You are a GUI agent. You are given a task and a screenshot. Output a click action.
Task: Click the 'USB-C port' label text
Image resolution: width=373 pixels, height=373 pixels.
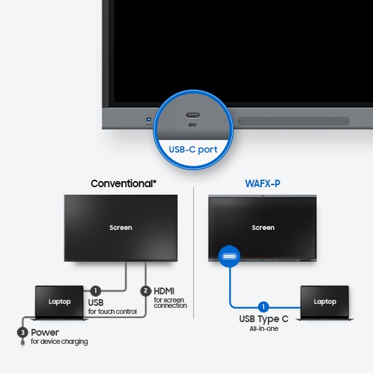point(193,150)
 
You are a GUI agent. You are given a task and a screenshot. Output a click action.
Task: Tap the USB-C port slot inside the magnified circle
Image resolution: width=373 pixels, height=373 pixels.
point(193,115)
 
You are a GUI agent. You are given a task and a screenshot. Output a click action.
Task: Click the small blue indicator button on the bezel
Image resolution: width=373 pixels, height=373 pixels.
point(149,119)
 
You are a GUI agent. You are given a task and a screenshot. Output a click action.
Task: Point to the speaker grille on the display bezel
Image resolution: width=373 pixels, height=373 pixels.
point(294,121)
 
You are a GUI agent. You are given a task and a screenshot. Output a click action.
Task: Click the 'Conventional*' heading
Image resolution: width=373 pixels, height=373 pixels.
point(123,183)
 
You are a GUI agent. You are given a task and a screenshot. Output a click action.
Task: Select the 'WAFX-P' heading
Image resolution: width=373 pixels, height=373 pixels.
point(262,183)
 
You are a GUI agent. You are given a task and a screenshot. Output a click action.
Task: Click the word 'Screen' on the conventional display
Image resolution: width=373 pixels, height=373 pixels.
point(121,228)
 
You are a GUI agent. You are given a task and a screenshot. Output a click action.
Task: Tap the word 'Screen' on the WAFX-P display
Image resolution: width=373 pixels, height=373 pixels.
point(263,228)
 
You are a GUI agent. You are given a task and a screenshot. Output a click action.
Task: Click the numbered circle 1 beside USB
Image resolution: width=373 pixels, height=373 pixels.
point(96,290)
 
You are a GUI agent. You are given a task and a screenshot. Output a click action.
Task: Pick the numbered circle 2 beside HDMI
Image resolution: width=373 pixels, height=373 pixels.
point(146,291)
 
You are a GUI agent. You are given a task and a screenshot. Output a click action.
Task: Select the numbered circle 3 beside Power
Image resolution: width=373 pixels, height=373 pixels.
point(22,332)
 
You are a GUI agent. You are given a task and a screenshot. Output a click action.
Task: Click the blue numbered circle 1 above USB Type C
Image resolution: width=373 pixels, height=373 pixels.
point(263,307)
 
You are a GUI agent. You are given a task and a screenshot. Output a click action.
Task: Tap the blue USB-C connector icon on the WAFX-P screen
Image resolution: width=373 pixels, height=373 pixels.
point(229,256)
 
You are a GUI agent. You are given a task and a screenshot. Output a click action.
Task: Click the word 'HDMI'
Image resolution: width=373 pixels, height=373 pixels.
point(164,291)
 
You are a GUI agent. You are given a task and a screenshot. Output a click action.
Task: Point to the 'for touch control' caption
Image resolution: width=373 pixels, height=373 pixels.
point(113,311)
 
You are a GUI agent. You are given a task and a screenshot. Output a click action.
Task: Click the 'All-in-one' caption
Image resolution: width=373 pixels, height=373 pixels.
point(264,329)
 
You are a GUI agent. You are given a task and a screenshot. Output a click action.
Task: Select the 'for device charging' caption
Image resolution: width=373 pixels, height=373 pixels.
point(59,342)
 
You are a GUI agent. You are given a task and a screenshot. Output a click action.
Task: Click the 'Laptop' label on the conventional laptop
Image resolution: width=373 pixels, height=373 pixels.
point(60,302)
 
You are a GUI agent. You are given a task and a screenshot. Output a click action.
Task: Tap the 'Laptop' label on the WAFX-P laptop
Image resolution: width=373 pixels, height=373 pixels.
point(325,302)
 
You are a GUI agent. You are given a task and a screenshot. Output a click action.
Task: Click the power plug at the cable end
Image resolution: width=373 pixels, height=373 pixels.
point(22,342)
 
